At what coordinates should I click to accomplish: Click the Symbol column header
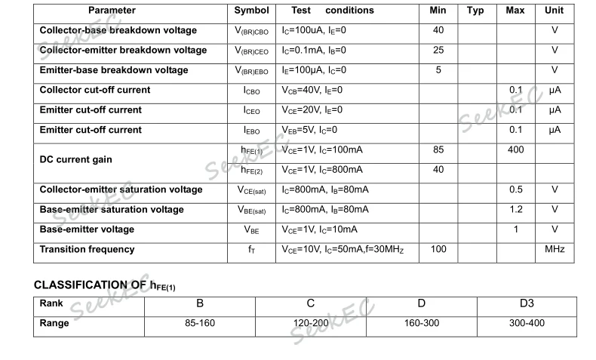point(251,11)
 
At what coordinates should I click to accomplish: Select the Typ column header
point(475,11)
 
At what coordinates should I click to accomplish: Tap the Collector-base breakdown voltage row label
point(118,31)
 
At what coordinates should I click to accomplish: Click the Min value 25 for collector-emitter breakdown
point(438,51)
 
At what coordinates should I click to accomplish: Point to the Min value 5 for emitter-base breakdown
point(438,70)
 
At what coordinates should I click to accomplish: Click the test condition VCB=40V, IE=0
point(312,91)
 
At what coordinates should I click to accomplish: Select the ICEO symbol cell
point(252,110)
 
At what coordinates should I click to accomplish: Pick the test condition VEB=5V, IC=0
point(309,130)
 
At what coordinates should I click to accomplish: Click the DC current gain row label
point(75,160)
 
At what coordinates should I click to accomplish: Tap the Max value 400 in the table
point(515,150)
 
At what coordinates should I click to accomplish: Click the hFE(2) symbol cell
point(252,170)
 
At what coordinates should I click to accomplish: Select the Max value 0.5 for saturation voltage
point(515,189)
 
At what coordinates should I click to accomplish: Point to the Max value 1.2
point(515,209)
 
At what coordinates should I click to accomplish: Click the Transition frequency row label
point(87,249)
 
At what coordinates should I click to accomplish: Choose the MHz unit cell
point(554,249)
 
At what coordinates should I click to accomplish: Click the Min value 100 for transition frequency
point(438,249)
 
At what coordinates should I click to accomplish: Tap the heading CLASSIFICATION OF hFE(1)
point(105,285)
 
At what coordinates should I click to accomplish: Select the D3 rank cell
point(527,303)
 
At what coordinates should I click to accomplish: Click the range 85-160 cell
point(200,323)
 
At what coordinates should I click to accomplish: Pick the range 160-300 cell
point(421,323)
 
